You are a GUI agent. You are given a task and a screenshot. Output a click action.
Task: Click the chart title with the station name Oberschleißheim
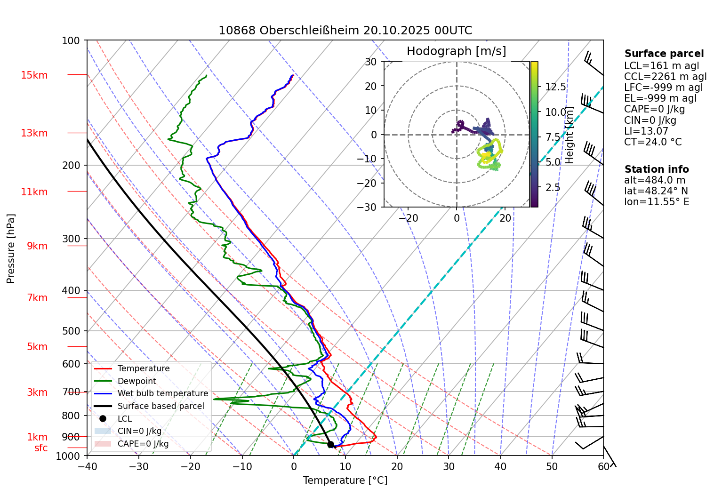click(x=345, y=31)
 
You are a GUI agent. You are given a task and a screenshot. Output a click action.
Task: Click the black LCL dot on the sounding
click(x=330, y=444)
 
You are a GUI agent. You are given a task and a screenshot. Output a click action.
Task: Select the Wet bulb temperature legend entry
click(x=162, y=393)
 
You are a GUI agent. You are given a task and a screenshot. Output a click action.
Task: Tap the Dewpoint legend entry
click(x=136, y=381)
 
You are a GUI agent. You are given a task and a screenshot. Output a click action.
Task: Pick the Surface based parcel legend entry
click(x=160, y=406)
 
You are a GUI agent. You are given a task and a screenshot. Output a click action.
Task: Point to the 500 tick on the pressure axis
click(x=71, y=331)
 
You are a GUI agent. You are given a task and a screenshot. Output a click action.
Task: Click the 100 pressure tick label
click(x=71, y=41)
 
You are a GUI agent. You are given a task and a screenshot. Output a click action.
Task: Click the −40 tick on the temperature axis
click(x=87, y=466)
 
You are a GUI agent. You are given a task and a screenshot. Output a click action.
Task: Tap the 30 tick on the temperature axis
click(x=449, y=466)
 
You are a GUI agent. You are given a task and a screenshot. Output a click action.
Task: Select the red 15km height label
click(x=34, y=75)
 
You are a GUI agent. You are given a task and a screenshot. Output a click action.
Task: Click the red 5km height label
click(x=37, y=347)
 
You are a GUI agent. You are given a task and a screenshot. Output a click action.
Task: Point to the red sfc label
click(x=41, y=448)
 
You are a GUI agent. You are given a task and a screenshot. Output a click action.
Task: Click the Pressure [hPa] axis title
click(x=11, y=248)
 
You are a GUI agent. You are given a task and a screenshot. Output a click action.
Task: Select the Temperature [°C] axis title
click(x=345, y=480)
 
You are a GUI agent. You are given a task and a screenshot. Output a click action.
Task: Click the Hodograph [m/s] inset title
click(x=456, y=51)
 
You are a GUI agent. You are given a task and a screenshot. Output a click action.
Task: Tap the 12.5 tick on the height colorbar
click(x=555, y=87)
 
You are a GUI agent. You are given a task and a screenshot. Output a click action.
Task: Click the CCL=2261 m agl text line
click(x=665, y=77)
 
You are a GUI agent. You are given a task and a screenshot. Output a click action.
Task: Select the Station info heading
click(x=656, y=169)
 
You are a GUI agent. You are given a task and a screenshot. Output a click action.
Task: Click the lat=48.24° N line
click(x=656, y=191)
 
